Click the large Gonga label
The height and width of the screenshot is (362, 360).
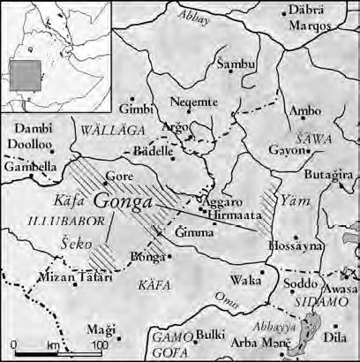coord(123,201)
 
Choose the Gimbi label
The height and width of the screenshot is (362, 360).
coord(138,109)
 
